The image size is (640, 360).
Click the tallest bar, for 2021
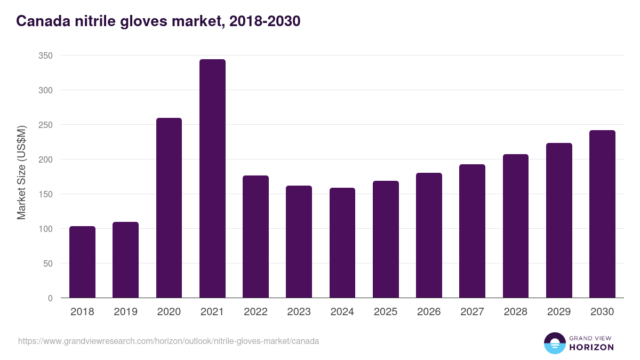coord(212,179)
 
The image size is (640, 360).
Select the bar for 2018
coord(82,262)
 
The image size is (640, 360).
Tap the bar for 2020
coord(169,208)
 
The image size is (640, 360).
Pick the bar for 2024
coord(342,243)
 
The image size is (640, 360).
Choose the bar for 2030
coord(602,214)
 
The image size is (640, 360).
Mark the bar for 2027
coord(472,231)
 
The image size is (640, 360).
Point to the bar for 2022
coord(255,237)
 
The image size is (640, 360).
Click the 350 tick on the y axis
coord(46,55)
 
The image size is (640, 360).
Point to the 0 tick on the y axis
coord(50,298)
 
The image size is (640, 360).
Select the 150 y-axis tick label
coord(46,194)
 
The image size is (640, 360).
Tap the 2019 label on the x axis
coord(125,312)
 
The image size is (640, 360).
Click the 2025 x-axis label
coord(386,312)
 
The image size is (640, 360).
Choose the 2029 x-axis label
coord(559,312)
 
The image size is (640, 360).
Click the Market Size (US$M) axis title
coord(21,172)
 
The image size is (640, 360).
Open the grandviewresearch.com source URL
coord(169,341)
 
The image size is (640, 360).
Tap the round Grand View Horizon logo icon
coord(555,343)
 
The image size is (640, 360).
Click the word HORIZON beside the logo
coord(591,347)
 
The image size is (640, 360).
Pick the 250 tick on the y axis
coord(46,125)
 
